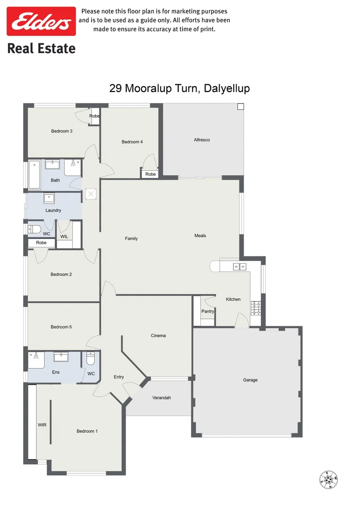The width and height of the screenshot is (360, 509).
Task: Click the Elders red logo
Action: (41, 21)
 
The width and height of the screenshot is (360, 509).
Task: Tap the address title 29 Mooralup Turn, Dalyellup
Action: (180, 88)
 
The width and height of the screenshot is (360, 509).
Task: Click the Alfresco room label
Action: (202, 140)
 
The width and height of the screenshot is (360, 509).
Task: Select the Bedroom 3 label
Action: (62, 131)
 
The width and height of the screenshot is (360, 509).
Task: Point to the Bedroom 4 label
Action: (132, 142)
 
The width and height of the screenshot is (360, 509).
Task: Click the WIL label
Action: (65, 237)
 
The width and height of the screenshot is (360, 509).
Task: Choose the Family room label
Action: (131, 238)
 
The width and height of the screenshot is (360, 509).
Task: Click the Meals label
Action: (200, 236)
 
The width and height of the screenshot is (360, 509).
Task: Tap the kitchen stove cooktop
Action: (256, 308)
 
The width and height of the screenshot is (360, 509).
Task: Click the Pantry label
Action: (208, 311)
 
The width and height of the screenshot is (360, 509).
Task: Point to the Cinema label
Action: (158, 336)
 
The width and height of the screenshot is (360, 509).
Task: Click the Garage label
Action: (250, 380)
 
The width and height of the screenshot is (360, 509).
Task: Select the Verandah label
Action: (162, 398)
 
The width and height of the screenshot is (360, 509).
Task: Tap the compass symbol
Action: (329, 480)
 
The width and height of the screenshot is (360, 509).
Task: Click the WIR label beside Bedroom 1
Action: (42, 425)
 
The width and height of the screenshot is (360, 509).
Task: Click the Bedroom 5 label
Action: (61, 327)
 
